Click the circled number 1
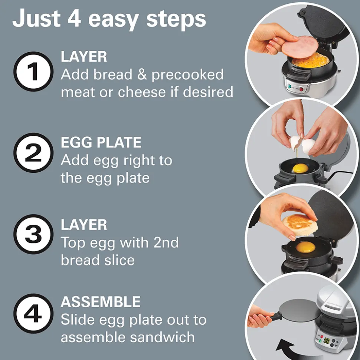coord(33,72)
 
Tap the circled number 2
coord(33,153)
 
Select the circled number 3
coord(33,234)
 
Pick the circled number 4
coord(33,313)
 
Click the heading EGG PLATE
coord(101,142)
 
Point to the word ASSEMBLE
coord(101,302)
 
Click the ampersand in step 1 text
coord(142,75)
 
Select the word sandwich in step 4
coord(162,337)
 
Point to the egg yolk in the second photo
coord(300,169)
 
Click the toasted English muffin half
coord(300,225)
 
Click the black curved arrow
coord(285,349)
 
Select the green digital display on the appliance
coord(327,340)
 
